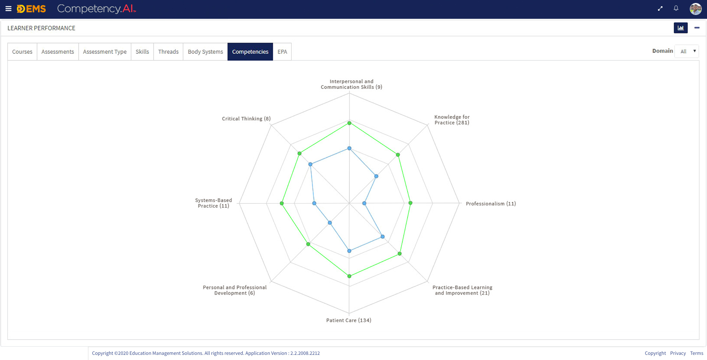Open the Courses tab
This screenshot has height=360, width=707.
pos(22,52)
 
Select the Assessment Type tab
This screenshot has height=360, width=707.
pos(105,52)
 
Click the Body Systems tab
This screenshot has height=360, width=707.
pos(205,52)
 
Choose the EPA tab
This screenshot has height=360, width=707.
pos(282,52)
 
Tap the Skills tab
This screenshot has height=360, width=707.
pos(142,52)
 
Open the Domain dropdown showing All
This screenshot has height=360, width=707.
pos(687,51)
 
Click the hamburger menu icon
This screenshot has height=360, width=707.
pos(8,8)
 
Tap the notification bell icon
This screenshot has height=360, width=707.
pos(676,8)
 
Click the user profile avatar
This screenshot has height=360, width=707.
pos(695,8)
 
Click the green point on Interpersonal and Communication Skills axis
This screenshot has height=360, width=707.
pos(349,123)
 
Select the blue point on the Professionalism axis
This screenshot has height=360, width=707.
pos(364,203)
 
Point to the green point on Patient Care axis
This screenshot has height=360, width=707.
pos(349,276)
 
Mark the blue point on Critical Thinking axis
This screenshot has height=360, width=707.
pos(310,164)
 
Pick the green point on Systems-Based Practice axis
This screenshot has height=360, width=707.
pos(282,203)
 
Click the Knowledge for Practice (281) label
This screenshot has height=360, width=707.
pos(452,120)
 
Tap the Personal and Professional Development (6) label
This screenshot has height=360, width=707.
pos(235,290)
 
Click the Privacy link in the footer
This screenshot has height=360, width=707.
pos(678,353)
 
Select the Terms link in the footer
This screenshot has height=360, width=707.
pos(697,353)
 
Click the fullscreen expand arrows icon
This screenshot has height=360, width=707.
pos(660,8)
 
